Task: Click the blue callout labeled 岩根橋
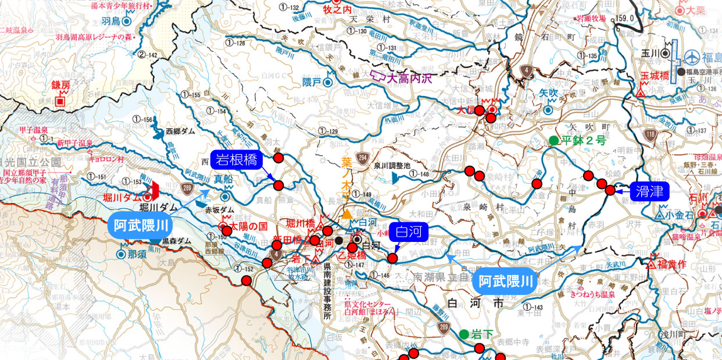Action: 237,161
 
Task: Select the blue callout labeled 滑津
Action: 649,191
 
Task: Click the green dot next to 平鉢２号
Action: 553,140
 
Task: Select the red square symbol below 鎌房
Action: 60,101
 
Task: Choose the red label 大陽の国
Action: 248,225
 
